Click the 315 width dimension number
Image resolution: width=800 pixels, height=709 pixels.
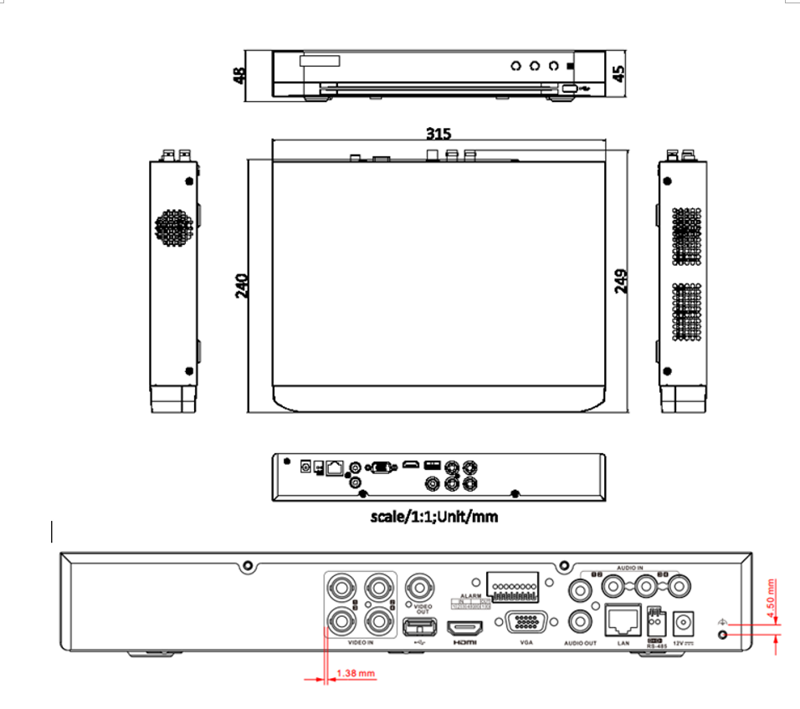(438, 134)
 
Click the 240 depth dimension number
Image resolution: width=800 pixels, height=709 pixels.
(240, 287)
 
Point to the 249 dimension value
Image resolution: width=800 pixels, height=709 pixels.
(621, 281)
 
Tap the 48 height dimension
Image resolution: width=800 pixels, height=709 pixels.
(240, 75)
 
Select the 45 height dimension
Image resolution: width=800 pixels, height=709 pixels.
(619, 72)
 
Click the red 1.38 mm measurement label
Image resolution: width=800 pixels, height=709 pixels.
(355, 672)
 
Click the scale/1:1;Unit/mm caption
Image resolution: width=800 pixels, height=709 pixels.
(433, 517)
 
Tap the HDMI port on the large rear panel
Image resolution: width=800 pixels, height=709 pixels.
(466, 626)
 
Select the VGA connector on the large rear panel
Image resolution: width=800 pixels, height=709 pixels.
(526, 624)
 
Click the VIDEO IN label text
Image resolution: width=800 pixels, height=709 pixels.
(360, 643)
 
